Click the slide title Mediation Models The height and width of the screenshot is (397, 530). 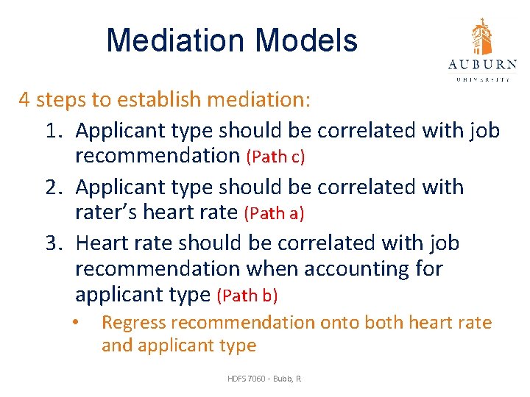pyautogui.click(x=232, y=40)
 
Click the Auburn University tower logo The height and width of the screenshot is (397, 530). pyautogui.click(x=482, y=37)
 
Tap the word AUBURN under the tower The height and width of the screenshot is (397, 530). pyautogui.click(x=482, y=65)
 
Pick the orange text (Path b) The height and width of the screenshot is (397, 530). pyautogui.click(x=247, y=296)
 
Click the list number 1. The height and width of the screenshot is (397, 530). pyautogui.click(x=52, y=131)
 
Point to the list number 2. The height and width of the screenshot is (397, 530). pyautogui.click(x=52, y=187)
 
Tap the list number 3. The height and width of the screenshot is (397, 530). pyautogui.click(x=52, y=242)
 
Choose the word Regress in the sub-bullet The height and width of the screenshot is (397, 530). pyautogui.click(x=130, y=323)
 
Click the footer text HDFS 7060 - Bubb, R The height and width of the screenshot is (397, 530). pyautogui.click(x=264, y=379)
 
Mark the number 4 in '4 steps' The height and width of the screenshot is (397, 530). pyautogui.click(x=25, y=99)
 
